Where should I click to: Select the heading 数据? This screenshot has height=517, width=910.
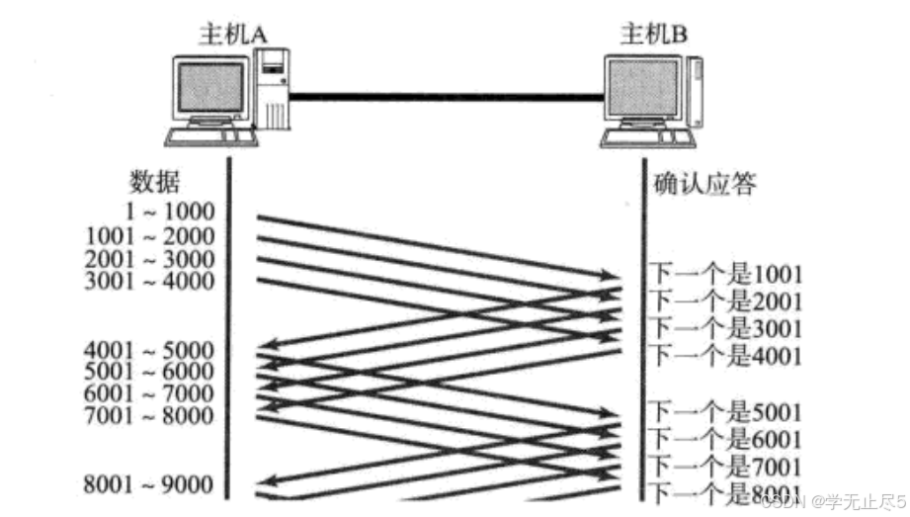156,182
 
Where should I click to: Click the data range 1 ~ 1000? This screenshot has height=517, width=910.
170,211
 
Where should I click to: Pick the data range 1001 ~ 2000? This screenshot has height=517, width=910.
150,236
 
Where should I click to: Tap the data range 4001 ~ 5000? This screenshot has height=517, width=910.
150,350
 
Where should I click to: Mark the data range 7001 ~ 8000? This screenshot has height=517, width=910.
150,416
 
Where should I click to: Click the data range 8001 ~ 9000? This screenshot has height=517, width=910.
150,484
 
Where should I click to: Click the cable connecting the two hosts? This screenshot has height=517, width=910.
445,96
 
